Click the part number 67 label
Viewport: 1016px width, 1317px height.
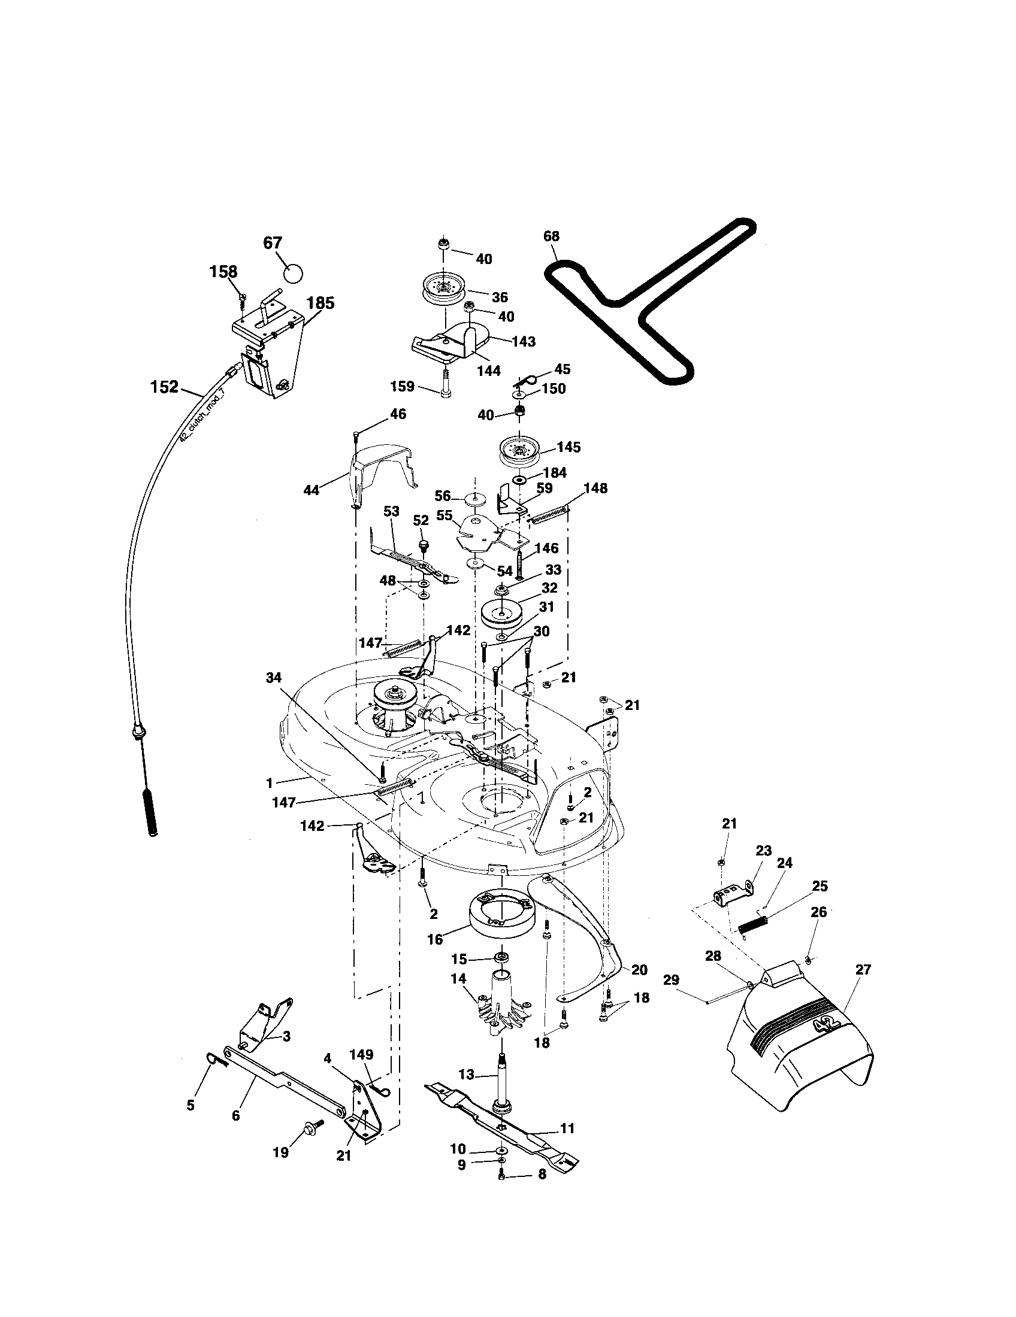(x=273, y=243)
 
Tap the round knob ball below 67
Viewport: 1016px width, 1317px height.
(x=292, y=273)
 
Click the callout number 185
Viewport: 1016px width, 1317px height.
(x=320, y=303)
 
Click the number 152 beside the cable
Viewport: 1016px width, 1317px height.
(x=164, y=387)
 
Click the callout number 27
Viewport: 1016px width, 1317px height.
(x=863, y=969)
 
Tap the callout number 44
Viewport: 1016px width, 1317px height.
(x=311, y=490)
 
